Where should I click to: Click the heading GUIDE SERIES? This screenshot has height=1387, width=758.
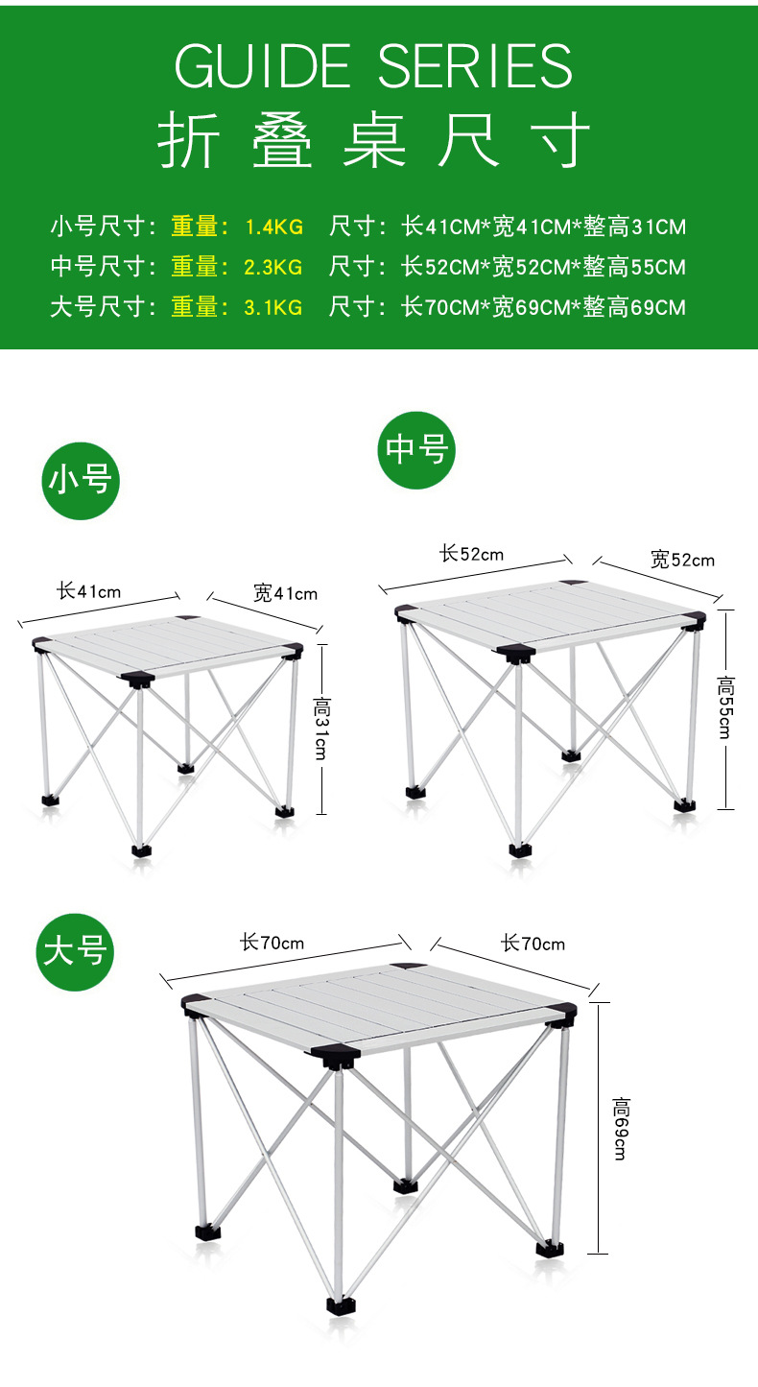[374, 65]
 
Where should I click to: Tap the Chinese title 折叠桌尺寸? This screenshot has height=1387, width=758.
[374, 140]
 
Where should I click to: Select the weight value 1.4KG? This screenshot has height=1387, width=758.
[274, 227]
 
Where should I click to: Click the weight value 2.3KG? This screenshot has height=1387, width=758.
[272, 267]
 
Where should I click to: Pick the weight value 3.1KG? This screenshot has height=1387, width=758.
[272, 307]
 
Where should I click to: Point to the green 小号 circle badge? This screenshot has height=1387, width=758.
[81, 481]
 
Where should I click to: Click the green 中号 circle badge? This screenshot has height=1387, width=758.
[416, 450]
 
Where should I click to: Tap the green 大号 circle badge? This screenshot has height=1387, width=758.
[75, 952]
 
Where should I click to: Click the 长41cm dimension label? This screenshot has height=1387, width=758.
[89, 590]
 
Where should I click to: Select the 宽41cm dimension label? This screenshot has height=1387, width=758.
[285, 593]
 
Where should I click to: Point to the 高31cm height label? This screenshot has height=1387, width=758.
[321, 729]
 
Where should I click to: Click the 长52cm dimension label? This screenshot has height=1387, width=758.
[471, 554]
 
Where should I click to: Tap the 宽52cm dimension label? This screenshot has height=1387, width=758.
[682, 560]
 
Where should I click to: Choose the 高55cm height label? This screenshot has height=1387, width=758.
[725, 707]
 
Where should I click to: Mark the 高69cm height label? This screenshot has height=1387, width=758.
[621, 1128]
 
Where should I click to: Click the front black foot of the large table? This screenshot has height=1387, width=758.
[342, 1305]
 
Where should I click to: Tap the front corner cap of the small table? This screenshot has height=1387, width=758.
[137, 679]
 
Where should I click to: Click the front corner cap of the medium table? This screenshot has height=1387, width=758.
[516, 653]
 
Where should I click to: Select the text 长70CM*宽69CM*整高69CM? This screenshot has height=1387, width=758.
[544, 307]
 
